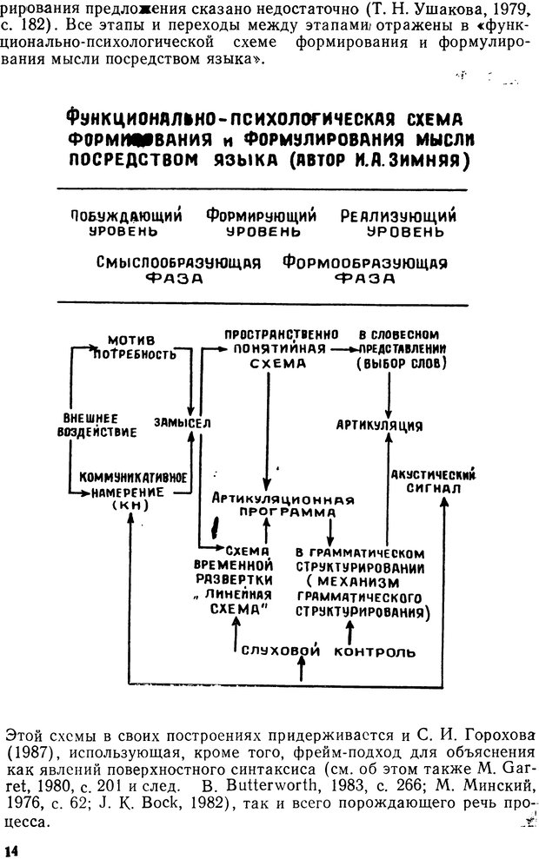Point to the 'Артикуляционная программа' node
click(270, 505)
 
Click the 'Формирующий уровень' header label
click(261, 224)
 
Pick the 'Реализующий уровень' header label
click(398, 224)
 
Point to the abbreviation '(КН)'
click(130, 505)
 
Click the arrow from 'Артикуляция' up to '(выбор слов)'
click(389, 395)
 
